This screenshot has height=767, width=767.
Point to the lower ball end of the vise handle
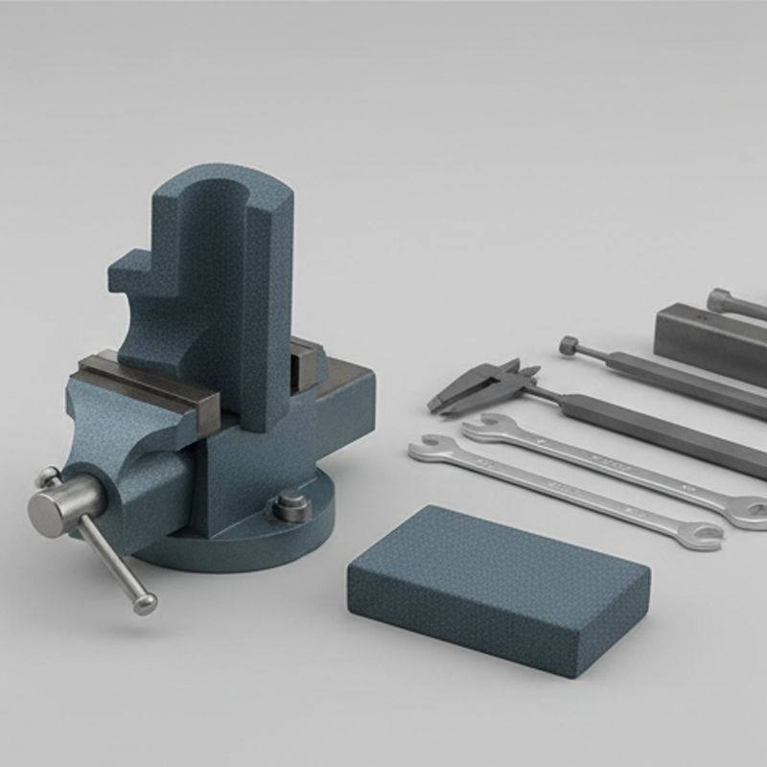[145, 603]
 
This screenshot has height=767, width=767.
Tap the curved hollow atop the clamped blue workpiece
[218, 192]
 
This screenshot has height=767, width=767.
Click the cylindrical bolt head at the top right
[721, 299]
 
